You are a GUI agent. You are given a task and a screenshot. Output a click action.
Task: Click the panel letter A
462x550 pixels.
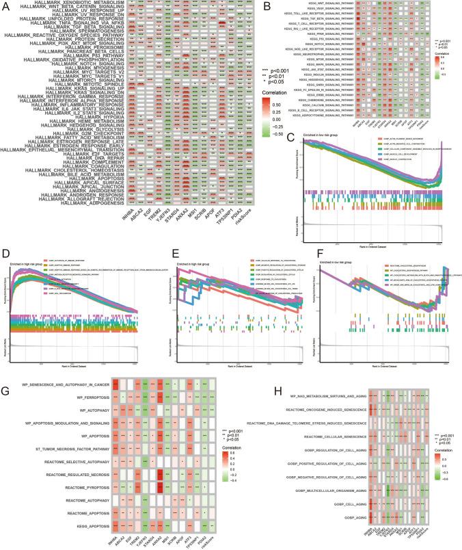(5, 5)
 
